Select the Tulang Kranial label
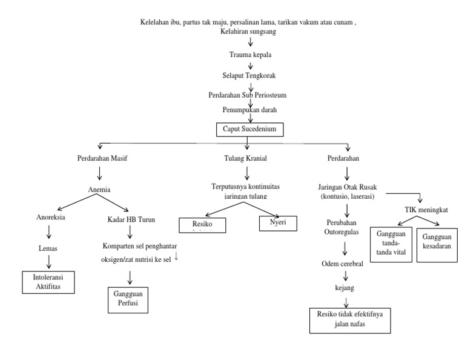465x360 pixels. (x=245, y=158)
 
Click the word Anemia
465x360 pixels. (x=99, y=189)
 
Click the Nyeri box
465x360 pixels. (x=280, y=224)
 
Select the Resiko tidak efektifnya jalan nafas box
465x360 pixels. (x=346, y=319)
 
